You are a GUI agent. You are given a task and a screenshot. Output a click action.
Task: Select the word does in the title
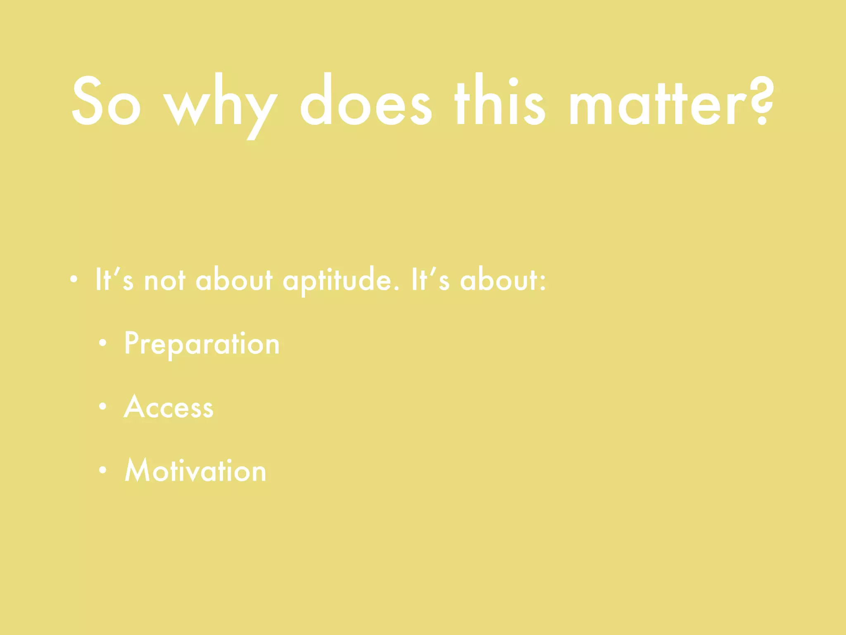click(366, 101)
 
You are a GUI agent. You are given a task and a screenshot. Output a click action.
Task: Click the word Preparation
click(202, 344)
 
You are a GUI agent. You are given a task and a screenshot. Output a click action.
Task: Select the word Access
click(169, 407)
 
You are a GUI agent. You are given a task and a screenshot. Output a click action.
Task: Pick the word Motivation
click(195, 471)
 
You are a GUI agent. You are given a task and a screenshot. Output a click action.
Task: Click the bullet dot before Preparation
click(103, 343)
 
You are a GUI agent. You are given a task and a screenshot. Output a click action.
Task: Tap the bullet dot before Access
click(103, 407)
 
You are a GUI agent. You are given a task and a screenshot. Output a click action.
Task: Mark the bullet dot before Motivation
click(103, 470)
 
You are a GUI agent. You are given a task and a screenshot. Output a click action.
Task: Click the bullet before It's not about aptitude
click(74, 280)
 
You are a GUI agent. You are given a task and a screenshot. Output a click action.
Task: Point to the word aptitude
click(341, 281)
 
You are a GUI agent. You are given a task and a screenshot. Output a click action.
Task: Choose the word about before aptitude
click(234, 280)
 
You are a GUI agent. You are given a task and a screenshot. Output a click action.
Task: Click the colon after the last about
click(543, 281)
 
